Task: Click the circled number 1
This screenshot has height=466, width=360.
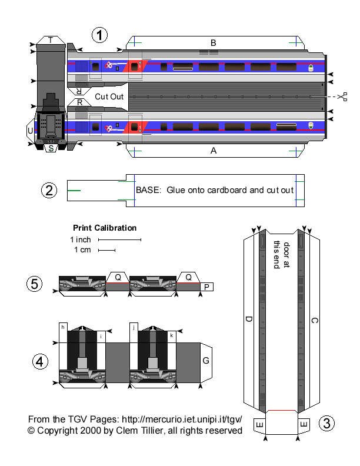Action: coord(101,35)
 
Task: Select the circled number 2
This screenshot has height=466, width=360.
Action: coord(49,190)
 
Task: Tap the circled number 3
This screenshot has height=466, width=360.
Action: coord(328,422)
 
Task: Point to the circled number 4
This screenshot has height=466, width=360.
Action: coord(39,361)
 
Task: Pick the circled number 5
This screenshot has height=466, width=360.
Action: coord(35,284)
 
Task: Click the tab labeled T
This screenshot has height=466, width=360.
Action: coord(51,40)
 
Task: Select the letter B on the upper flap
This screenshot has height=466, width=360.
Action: coord(214,42)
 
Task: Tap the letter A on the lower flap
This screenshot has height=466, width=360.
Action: coord(214,151)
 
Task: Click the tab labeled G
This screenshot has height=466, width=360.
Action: coord(206,360)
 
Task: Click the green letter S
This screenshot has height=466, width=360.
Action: coord(52,148)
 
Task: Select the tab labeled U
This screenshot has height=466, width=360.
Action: coord(30,130)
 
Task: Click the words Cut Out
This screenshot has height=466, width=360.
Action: coord(109,96)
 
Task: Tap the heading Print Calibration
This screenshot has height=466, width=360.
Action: coord(105,228)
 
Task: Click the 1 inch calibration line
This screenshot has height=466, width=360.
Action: coord(120,240)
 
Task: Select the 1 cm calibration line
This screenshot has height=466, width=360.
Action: coord(106,251)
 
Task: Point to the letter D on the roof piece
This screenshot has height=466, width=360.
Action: coord(249,319)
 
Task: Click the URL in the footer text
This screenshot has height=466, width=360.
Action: coord(181,420)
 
